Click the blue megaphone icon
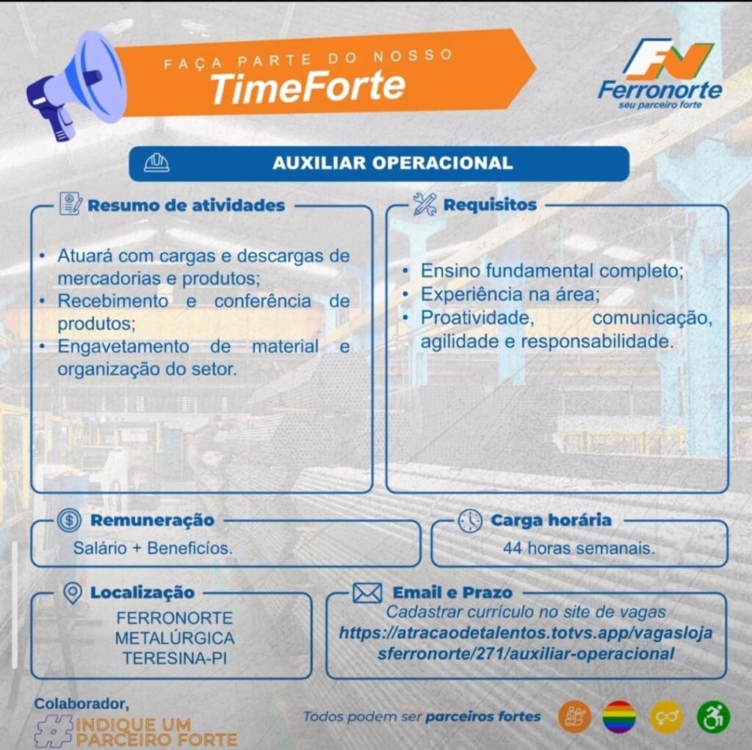[x=73, y=84]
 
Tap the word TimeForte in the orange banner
[x=307, y=86]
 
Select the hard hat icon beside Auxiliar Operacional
[x=156, y=163]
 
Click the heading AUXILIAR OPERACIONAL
[x=392, y=163]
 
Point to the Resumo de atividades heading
[x=186, y=205]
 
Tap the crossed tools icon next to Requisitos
[x=424, y=204]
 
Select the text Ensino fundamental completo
[x=551, y=271]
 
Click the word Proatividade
[x=475, y=318]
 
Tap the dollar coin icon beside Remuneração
[x=69, y=520]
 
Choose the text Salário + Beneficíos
[x=153, y=547]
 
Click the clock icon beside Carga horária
[x=470, y=520]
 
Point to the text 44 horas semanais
[x=579, y=547]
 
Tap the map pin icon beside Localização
[x=72, y=592]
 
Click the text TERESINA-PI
[x=174, y=658]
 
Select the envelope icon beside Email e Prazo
[x=366, y=592]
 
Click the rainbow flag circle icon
[x=619, y=717]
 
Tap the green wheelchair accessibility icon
[x=712, y=717]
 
